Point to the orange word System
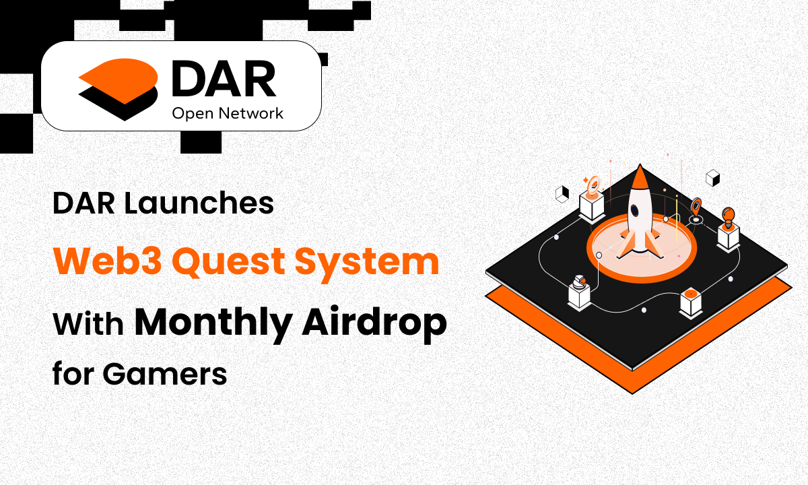tap(382, 263)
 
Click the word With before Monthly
tap(88, 324)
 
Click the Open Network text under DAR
tap(228, 113)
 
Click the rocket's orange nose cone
tap(639, 178)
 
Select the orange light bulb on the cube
tap(728, 216)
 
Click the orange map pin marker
tap(696, 205)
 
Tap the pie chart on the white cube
tap(579, 280)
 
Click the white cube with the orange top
tap(692, 301)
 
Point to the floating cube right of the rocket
tap(712, 178)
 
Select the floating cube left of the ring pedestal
tap(561, 195)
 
